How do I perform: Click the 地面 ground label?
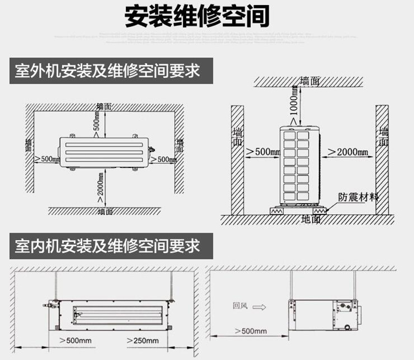click(x=311, y=219)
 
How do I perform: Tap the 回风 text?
click(x=239, y=304)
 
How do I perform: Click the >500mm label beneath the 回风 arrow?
click(x=249, y=331)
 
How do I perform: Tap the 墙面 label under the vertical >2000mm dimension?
click(x=105, y=211)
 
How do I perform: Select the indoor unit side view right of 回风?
click(x=326, y=312)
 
